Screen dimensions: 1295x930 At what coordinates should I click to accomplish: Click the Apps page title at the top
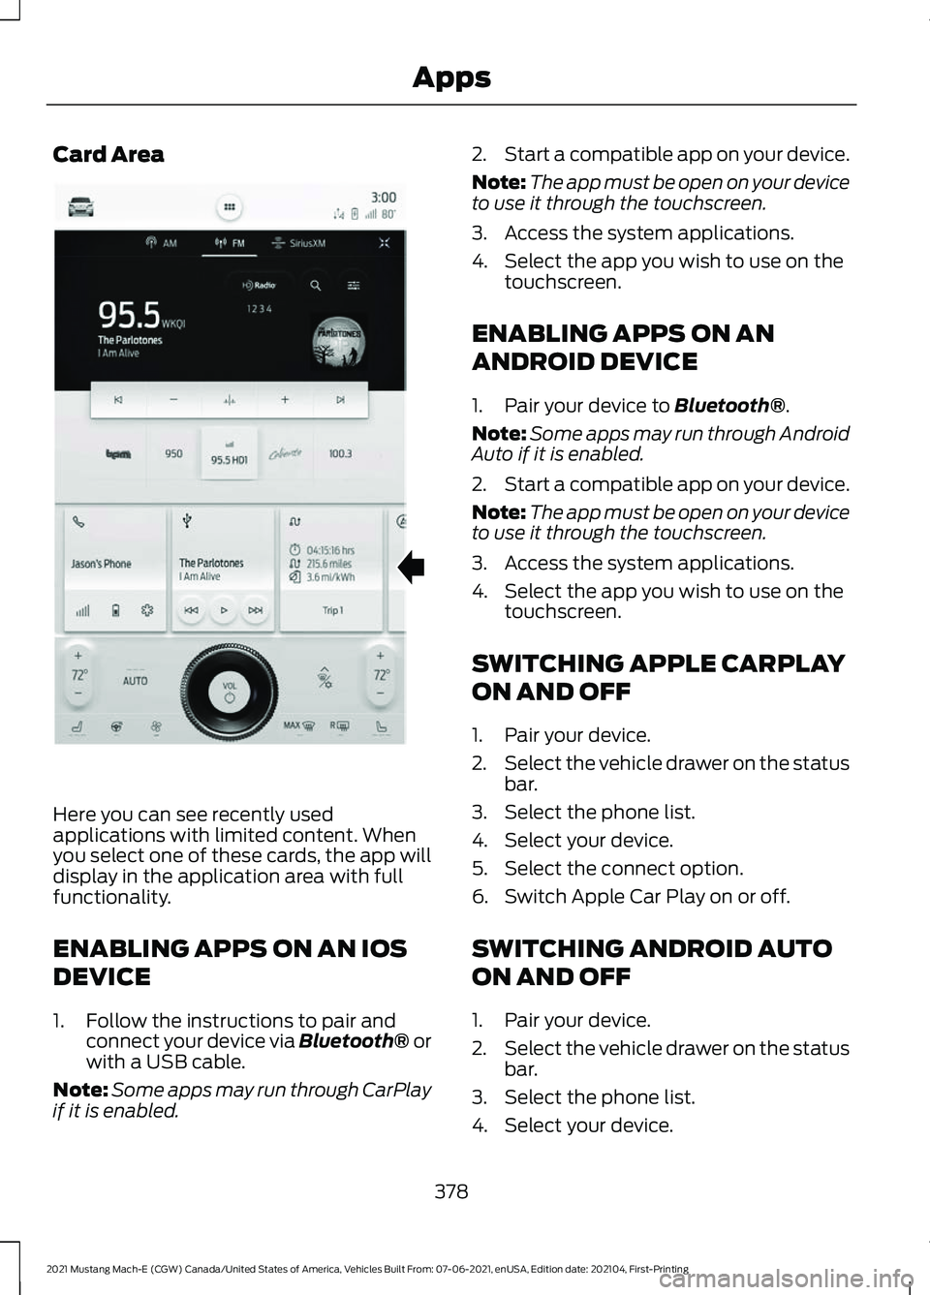click(451, 77)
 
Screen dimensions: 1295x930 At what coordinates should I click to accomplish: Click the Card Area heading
click(108, 155)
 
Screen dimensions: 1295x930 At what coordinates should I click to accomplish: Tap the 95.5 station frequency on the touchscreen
click(129, 315)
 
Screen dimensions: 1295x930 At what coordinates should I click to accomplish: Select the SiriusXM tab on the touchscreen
click(299, 243)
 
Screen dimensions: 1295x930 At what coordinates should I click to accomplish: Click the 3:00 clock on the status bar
click(384, 198)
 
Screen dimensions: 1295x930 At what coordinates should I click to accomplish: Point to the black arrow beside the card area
click(411, 566)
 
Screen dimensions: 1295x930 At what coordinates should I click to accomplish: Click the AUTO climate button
click(136, 681)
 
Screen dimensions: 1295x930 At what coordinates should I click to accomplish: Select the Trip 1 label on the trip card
click(332, 610)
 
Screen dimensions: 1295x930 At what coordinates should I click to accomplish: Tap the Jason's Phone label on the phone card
click(101, 564)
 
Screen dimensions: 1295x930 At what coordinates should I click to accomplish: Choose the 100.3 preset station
click(340, 453)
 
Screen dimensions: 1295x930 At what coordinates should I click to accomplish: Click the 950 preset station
click(173, 453)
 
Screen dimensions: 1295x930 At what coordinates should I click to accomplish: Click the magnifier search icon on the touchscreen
click(316, 286)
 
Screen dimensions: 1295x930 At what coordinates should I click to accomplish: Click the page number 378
click(451, 1191)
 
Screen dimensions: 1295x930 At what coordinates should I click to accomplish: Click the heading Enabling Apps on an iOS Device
click(230, 962)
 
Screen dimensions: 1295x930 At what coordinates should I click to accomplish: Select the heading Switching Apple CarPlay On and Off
click(658, 677)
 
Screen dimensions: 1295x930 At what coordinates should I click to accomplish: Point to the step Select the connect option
click(623, 869)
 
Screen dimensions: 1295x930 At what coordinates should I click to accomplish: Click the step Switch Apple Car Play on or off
click(646, 897)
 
